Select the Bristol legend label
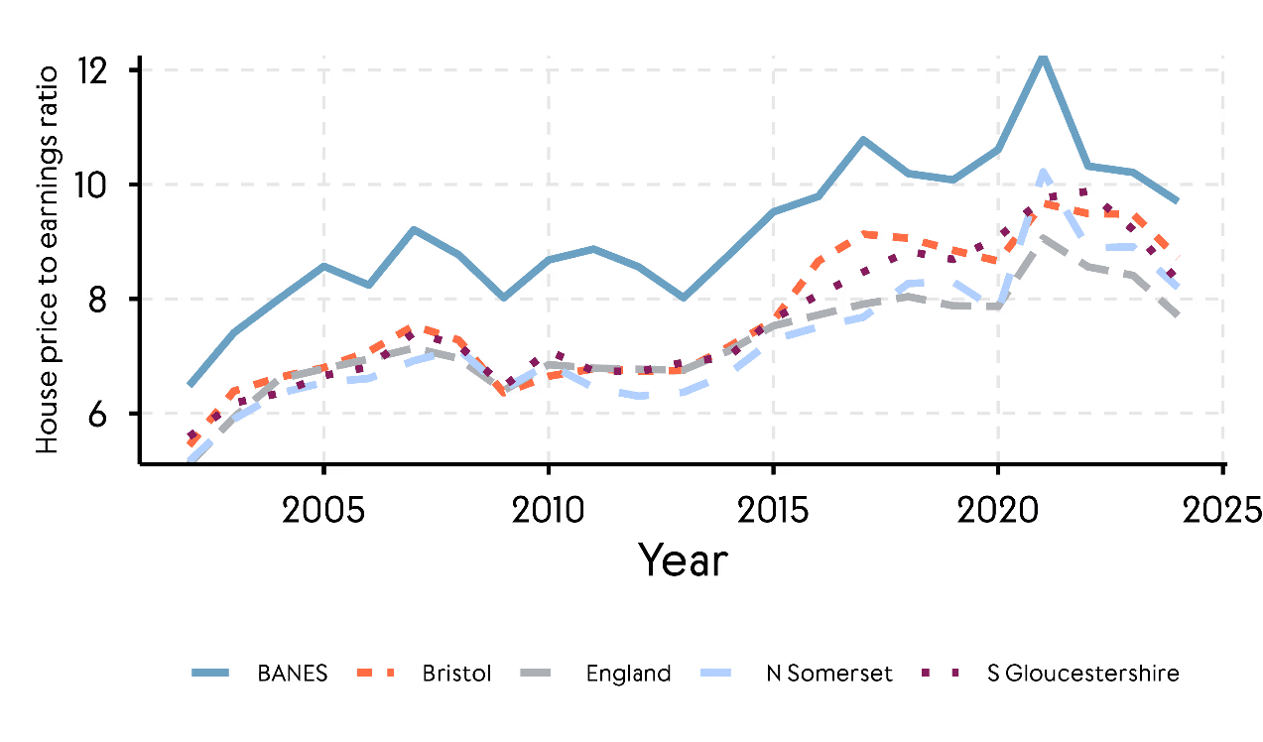(x=456, y=674)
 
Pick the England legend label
(x=628, y=674)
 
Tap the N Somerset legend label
(x=828, y=674)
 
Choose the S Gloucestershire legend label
(x=1083, y=674)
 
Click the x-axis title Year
(x=683, y=560)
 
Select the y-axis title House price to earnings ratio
(x=48, y=256)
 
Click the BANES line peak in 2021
(x=1042, y=56)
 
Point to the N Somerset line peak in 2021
(x=1042, y=173)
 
